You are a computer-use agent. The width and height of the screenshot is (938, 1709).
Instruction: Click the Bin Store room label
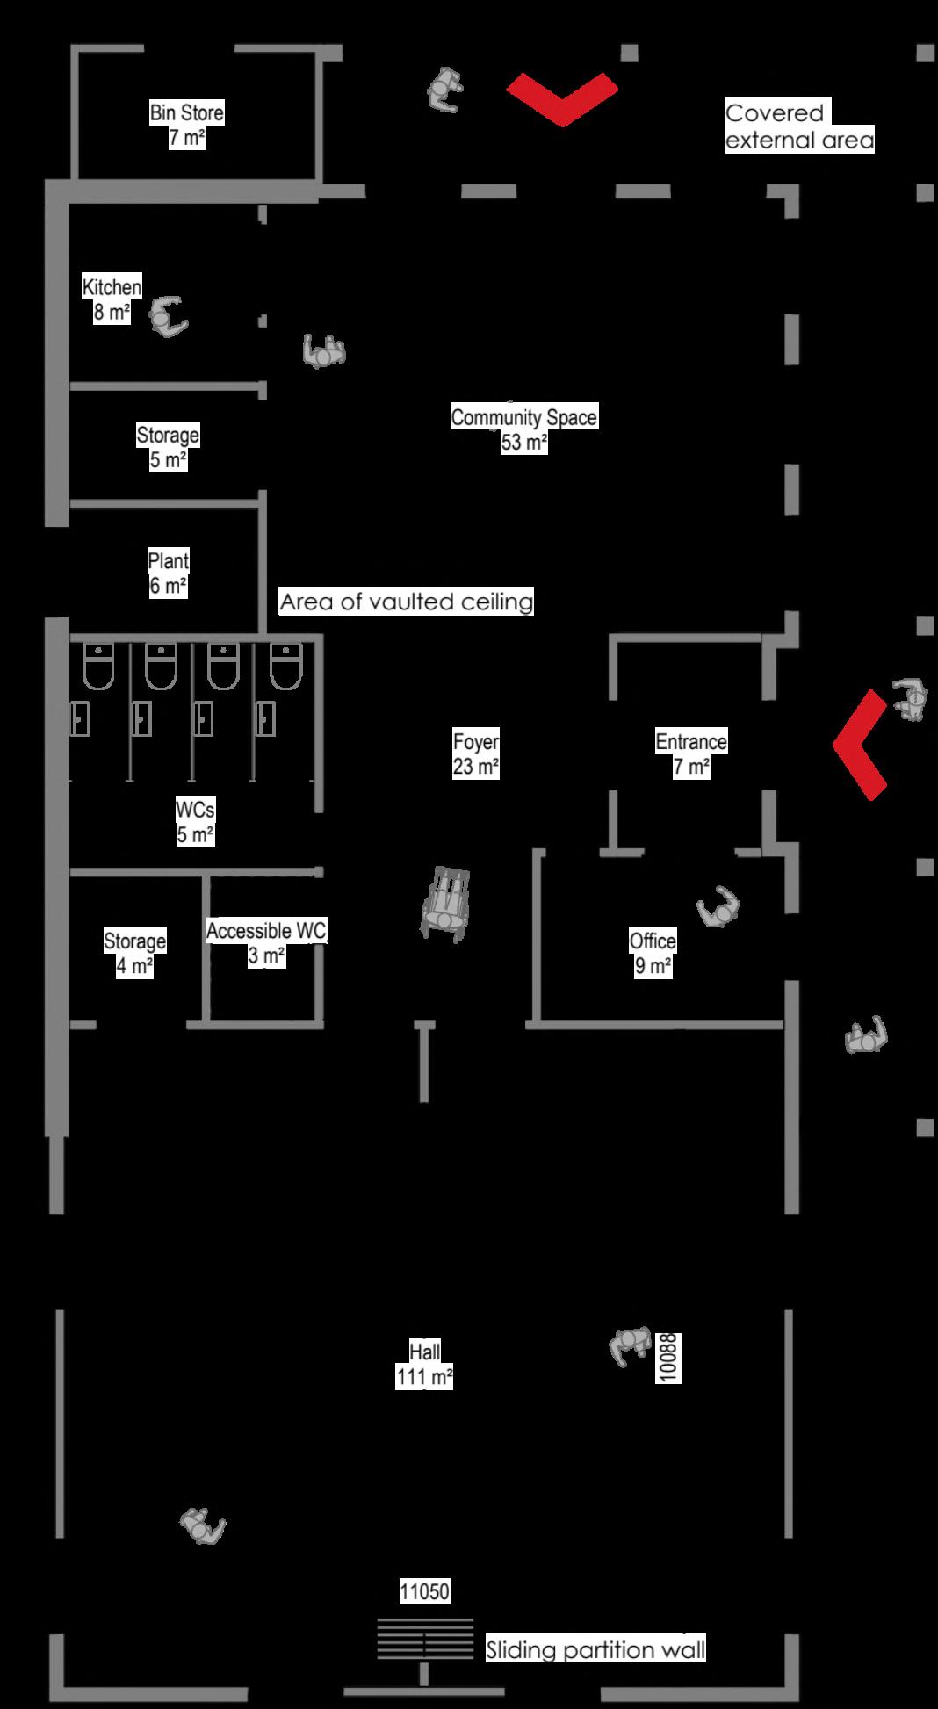point(186,125)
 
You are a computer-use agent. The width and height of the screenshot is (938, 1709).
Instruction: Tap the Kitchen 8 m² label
point(112,299)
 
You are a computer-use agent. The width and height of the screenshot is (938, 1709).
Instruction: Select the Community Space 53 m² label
point(523,429)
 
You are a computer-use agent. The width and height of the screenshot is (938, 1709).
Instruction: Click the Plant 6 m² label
point(168,573)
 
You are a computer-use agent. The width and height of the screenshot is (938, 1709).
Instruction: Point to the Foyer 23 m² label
point(476,754)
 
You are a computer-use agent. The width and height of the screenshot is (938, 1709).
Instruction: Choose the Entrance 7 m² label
point(691,754)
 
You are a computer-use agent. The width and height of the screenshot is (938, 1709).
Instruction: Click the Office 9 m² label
point(653,953)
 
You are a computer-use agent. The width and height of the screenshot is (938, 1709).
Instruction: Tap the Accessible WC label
point(266,942)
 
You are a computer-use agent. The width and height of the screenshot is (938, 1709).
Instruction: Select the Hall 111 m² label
point(424,1364)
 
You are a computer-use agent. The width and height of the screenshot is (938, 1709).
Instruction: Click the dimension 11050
point(424,1591)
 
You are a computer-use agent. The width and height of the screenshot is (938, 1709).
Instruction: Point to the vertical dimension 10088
point(668,1359)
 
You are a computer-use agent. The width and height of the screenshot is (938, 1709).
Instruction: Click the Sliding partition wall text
point(595,1650)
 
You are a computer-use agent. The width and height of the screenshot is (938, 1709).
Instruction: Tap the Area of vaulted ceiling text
point(406,602)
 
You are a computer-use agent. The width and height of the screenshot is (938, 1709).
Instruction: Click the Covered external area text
point(799,126)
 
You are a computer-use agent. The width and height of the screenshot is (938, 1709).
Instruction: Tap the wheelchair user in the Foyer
point(445,905)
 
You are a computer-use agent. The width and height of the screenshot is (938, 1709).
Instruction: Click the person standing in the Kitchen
point(167,317)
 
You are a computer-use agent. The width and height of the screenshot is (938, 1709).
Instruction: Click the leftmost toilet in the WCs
point(98,667)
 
